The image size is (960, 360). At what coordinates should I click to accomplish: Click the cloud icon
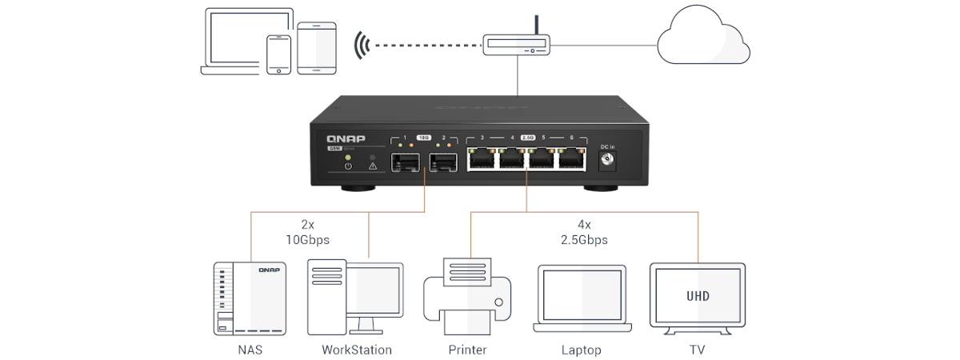pyautogui.click(x=702, y=41)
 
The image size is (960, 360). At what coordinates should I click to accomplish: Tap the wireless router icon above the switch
pyautogui.click(x=517, y=45)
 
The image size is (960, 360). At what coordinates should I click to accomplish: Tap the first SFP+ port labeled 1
pyautogui.click(x=405, y=163)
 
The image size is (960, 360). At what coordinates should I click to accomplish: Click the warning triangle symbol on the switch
pyautogui.click(x=372, y=166)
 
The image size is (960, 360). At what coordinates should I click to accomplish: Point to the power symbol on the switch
pyautogui.click(x=347, y=166)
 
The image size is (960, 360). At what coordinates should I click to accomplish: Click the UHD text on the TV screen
pyautogui.click(x=698, y=296)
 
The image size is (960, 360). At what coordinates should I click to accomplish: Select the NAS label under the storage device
pyautogui.click(x=250, y=350)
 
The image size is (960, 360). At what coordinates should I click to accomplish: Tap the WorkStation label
pyautogui.click(x=357, y=350)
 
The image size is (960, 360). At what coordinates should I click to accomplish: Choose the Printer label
pyautogui.click(x=468, y=350)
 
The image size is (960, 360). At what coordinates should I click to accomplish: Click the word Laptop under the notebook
pyautogui.click(x=581, y=350)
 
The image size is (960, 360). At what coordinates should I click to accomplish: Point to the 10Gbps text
pyautogui.click(x=308, y=239)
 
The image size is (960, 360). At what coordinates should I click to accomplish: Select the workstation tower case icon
pyautogui.click(x=327, y=297)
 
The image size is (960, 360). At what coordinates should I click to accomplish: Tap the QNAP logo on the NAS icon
pyautogui.click(x=268, y=271)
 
